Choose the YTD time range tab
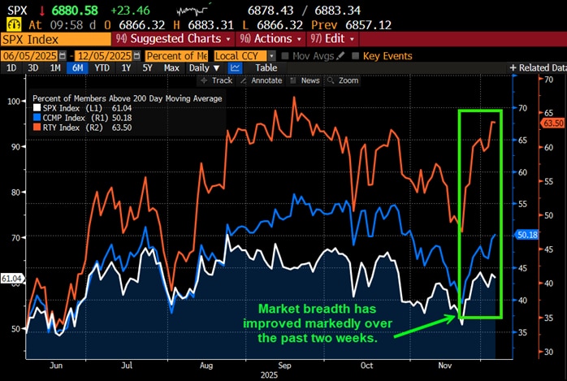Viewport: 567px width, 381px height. pos(102,68)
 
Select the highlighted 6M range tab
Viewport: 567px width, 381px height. pos(77,68)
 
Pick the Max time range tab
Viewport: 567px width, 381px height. pos(171,68)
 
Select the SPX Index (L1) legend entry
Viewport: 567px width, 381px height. pos(77,108)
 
